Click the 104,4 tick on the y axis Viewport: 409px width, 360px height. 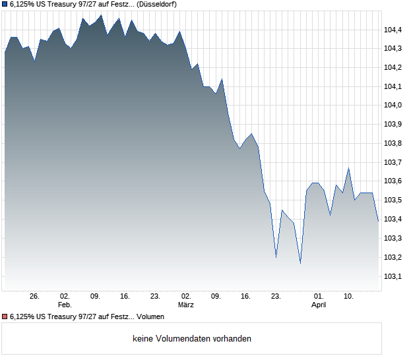pyautogui.click(x=394, y=30)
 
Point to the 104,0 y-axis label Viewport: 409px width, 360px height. pyautogui.click(x=394, y=105)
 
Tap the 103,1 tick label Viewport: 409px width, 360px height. pyautogui.click(x=394, y=276)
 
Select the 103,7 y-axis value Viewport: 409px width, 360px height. pyautogui.click(x=394, y=162)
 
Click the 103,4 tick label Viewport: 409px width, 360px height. pyautogui.click(x=394, y=219)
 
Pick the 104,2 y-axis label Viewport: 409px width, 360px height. pyautogui.click(x=394, y=67)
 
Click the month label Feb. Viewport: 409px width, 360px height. pyautogui.click(x=65, y=305)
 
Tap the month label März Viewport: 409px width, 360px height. pyautogui.click(x=186, y=305)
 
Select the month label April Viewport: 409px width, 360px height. pyautogui.click(x=319, y=305)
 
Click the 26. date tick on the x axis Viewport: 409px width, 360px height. pyautogui.click(x=35, y=297)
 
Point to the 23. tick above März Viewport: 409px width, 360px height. pyautogui.click(x=155, y=297)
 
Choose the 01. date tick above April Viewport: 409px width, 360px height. pyautogui.click(x=319, y=297)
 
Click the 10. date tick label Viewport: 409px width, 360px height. pyautogui.click(x=349, y=297)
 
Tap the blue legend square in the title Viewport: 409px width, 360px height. pyautogui.click(x=5, y=4)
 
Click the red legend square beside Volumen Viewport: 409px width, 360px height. pyautogui.click(x=5, y=317)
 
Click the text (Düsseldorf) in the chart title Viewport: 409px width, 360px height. pyautogui.click(x=157, y=4)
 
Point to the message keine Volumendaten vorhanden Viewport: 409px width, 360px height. pyautogui.click(x=192, y=339)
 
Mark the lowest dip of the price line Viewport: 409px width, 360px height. pyautogui.click(x=300, y=263)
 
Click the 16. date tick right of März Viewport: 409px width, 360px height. pyautogui.click(x=246, y=297)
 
